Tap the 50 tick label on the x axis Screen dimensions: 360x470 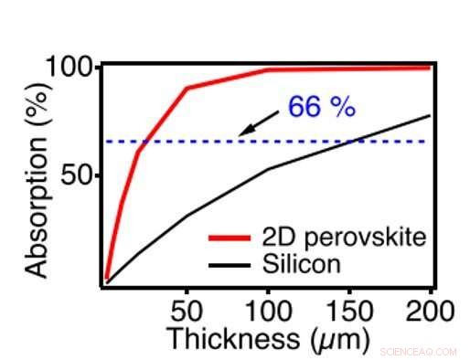(x=187, y=310)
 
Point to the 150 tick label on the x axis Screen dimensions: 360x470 (x=349, y=310)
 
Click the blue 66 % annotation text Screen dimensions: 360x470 (x=321, y=107)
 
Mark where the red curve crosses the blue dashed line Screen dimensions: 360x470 (x=143, y=142)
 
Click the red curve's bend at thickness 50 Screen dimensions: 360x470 (x=187, y=89)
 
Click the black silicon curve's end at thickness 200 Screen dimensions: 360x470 (x=431, y=115)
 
